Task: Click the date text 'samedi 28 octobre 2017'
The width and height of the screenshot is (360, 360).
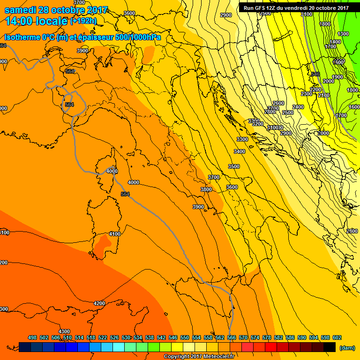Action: pyautogui.click(x=56, y=10)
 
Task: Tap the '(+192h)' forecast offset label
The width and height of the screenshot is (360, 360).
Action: pyautogui.click(x=83, y=21)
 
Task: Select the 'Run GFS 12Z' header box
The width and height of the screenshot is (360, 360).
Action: pyautogui.click(x=296, y=7)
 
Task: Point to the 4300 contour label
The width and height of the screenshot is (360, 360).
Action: pyautogui.click(x=64, y=331)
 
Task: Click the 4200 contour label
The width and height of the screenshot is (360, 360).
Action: pyautogui.click(x=99, y=303)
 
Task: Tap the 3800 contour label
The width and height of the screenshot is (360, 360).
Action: pyautogui.click(x=206, y=189)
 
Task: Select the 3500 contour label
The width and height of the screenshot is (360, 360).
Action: pyautogui.click(x=233, y=166)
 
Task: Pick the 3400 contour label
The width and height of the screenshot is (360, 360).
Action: pyautogui.click(x=240, y=151)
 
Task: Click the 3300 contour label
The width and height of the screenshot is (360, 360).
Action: pyautogui.click(x=242, y=139)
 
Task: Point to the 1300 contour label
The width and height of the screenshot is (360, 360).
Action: pyautogui.click(x=343, y=34)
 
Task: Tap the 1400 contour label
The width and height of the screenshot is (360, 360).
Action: pyautogui.click(x=335, y=42)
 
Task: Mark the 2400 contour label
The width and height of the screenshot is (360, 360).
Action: pyautogui.click(x=298, y=107)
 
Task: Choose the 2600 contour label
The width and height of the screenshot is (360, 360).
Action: pyautogui.click(x=278, y=103)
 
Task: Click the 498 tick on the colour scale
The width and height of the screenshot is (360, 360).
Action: pyautogui.click(x=32, y=338)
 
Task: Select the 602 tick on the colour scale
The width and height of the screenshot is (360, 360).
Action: pyautogui.click(x=337, y=338)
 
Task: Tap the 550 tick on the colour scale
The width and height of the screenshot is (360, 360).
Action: pyautogui.click(x=185, y=338)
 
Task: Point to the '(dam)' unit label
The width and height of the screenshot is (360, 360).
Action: pyautogui.click(x=346, y=347)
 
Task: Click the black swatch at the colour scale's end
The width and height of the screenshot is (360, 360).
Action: pyautogui.click(x=329, y=347)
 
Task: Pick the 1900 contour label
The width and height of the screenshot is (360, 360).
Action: pyautogui.click(x=337, y=77)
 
